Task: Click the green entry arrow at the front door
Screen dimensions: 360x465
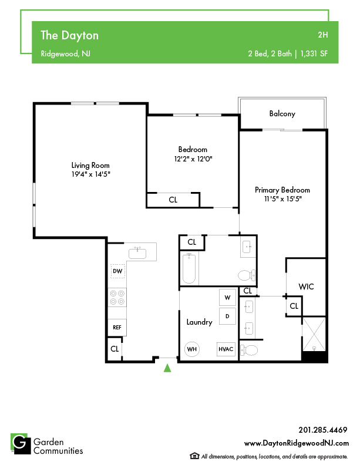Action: coord(167,368)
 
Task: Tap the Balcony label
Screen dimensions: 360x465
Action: coord(282,113)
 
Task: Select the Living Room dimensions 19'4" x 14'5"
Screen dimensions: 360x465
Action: coord(90,174)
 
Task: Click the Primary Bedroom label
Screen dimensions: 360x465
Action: coord(282,190)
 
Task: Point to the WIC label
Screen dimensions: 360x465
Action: coord(306,287)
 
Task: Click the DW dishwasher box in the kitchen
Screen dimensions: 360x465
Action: coord(117,271)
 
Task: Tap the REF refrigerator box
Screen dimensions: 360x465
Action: coord(117,328)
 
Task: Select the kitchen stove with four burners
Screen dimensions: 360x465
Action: coord(117,298)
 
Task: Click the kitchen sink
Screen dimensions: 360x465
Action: coord(137,253)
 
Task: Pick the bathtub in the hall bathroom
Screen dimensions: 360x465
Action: coord(189,269)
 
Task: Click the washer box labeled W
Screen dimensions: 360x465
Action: coord(227,298)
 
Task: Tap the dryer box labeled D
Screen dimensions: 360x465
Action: coord(227,316)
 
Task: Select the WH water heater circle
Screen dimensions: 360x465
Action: coord(192,349)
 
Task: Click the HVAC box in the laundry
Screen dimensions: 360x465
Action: coord(226,349)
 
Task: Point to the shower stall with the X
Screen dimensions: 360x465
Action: coord(314,334)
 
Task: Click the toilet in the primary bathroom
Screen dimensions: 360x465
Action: coord(249,351)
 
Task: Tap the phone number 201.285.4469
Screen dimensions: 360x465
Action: coord(322,430)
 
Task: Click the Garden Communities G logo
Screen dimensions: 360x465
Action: coord(21,444)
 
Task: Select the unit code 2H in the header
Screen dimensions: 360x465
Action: coord(322,35)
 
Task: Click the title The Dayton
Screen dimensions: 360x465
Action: coord(69,35)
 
